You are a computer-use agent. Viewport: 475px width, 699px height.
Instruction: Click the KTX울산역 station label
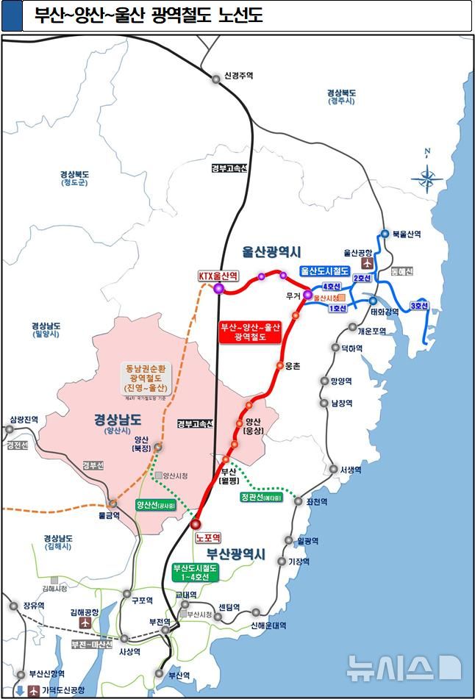(218, 276)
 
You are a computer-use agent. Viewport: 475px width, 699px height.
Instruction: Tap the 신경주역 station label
(238, 76)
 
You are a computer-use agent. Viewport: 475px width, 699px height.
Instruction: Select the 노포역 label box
(209, 538)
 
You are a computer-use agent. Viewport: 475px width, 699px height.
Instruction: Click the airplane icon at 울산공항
(368, 262)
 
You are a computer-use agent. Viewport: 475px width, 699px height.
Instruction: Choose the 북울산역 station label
(407, 234)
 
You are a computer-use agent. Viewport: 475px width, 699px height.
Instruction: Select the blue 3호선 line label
(420, 306)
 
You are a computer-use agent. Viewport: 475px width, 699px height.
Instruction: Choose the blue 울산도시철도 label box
(324, 271)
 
